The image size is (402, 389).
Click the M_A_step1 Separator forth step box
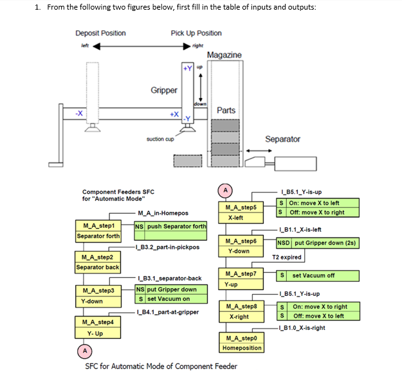coord(98,231)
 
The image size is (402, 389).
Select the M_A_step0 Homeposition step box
coord(241,342)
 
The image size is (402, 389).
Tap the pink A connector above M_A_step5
coord(225,191)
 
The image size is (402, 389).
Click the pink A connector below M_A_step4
coord(85,351)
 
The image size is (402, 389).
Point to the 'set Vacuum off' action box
coord(318,275)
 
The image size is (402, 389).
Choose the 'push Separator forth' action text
coord(176,226)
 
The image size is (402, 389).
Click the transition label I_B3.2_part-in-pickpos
coord(168,247)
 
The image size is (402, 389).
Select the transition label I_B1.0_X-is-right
coord(302,328)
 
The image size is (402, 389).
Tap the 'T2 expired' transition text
coord(287,257)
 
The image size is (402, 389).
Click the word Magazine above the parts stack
coord(224,55)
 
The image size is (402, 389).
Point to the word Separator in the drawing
coord(282,139)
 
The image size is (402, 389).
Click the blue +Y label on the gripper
coord(188,68)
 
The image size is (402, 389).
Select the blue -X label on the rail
coord(79,113)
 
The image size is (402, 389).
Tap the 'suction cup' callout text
coord(160,139)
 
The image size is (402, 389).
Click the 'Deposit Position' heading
coord(100,33)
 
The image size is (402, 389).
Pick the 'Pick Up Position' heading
coord(196,33)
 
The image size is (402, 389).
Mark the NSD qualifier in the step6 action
coord(283,243)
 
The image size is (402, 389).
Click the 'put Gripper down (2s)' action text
coord(325,243)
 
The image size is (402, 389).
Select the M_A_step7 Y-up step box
coord(241,279)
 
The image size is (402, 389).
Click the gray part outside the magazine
coord(188,161)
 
